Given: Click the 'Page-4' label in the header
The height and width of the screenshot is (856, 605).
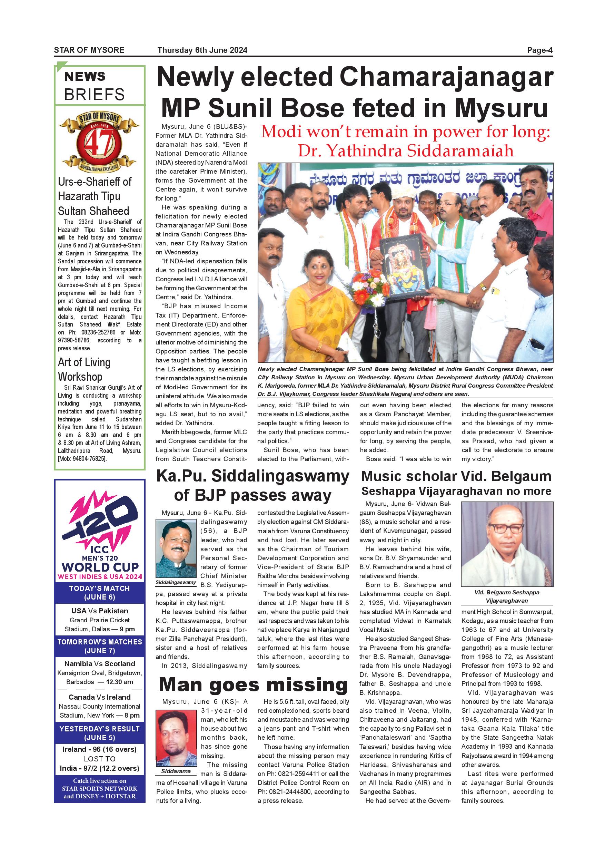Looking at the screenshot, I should point(539,50).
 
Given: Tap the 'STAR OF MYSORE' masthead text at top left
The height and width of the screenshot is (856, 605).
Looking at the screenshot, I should point(89,50).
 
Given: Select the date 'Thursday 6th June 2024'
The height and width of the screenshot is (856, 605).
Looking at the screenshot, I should point(202,50).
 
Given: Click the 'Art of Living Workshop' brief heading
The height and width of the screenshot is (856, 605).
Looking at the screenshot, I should point(84,369).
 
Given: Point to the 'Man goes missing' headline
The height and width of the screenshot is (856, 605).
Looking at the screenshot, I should point(253,685).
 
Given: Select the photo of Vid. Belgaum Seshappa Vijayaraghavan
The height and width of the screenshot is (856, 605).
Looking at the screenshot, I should point(507,544).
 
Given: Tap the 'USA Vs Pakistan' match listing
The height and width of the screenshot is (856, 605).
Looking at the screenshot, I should point(99,611).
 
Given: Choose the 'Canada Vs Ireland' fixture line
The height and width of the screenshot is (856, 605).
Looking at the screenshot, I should point(99,697).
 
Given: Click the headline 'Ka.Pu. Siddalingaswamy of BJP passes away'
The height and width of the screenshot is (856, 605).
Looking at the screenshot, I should point(252,485).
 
